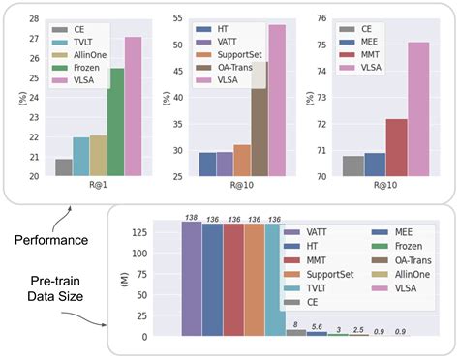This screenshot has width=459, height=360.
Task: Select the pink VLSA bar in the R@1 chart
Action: [134, 106]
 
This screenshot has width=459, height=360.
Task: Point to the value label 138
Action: [192, 218]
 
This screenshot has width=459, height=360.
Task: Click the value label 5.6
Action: [316, 326]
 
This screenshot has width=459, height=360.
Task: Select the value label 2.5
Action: [358, 329]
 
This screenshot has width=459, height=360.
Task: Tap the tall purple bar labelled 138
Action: [192, 280]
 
